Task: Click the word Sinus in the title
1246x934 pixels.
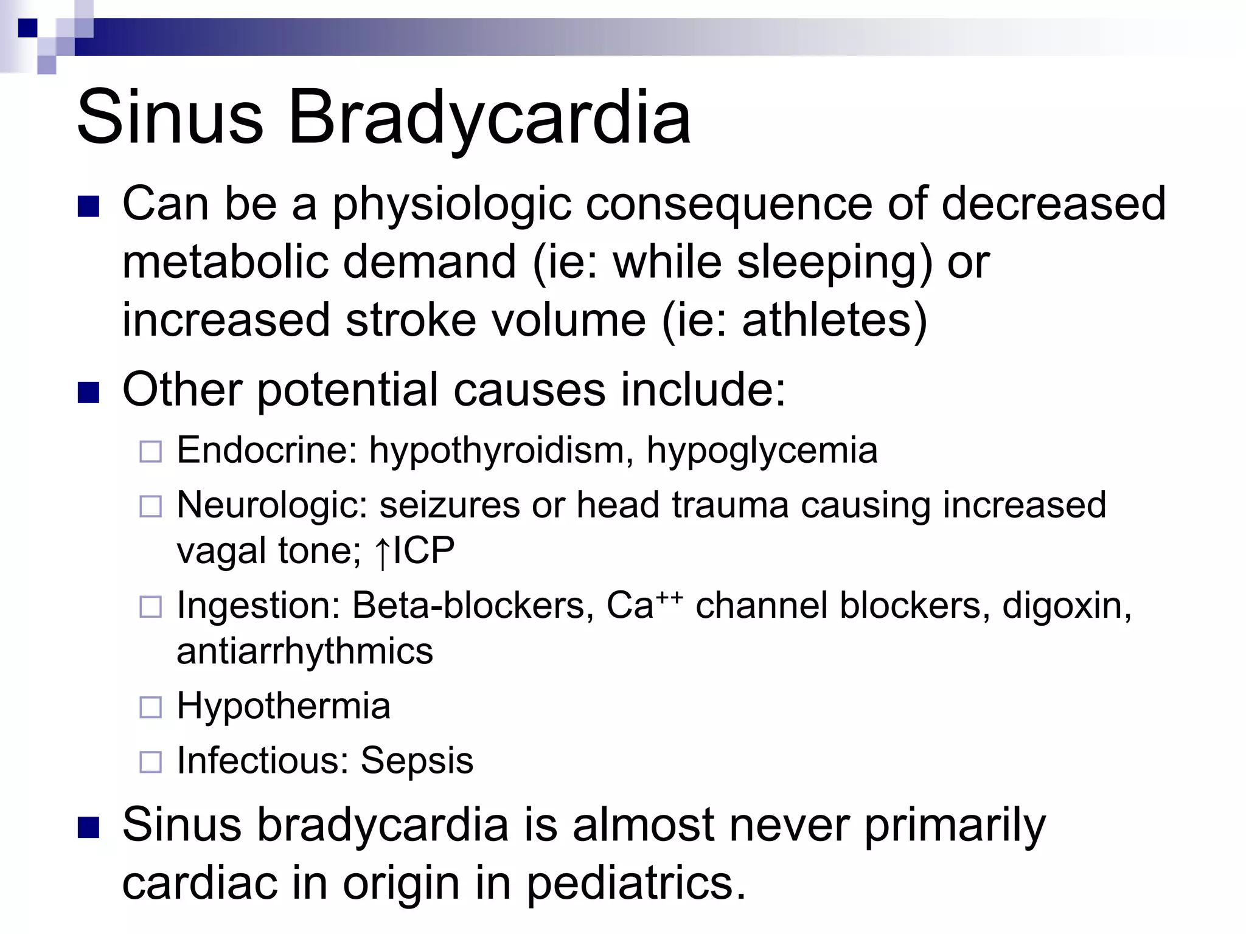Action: click(170, 117)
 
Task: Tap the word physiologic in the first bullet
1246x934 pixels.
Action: click(451, 204)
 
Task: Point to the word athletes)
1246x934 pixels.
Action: click(834, 320)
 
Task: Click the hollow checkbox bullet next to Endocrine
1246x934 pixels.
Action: click(151, 452)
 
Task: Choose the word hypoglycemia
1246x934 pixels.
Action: click(761, 451)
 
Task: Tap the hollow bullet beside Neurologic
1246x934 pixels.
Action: click(151, 507)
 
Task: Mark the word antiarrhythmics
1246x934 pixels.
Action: click(305, 651)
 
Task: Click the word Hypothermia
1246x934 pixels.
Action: click(284, 706)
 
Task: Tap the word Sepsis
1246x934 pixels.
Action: click(417, 761)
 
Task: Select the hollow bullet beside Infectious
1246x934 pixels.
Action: click(151, 762)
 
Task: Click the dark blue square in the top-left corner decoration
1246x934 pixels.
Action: click(27, 28)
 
